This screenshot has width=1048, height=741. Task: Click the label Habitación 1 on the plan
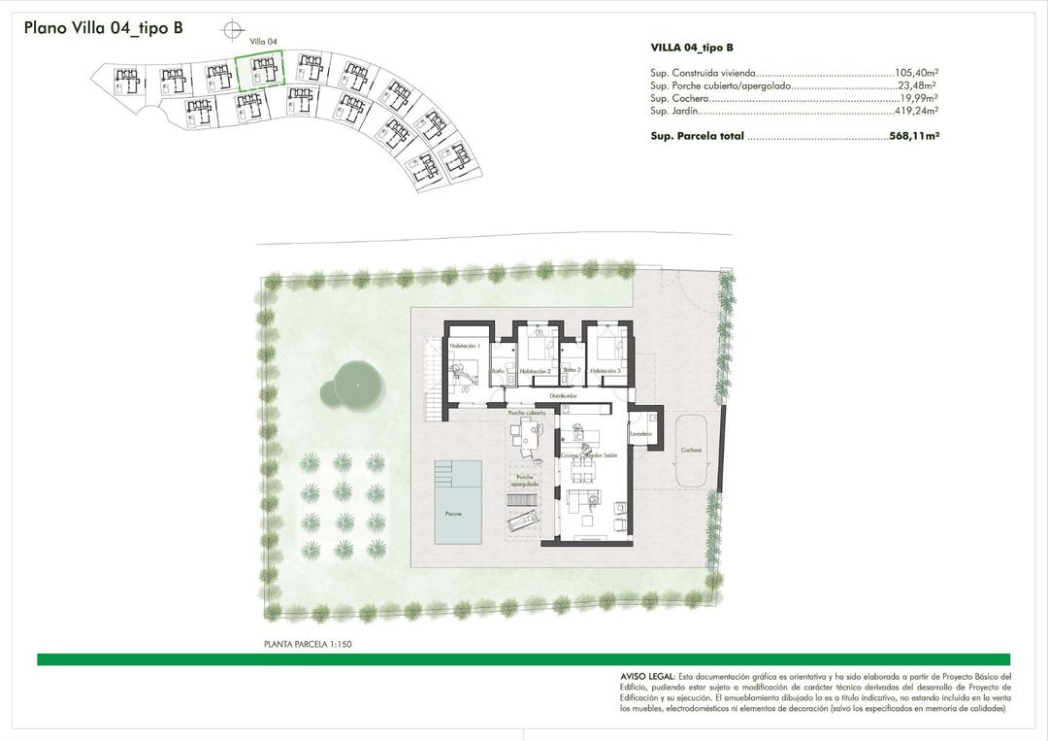(x=466, y=346)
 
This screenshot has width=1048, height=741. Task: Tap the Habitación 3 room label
(x=605, y=371)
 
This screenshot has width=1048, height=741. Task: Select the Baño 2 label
(x=572, y=370)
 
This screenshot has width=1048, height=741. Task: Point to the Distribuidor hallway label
(x=564, y=396)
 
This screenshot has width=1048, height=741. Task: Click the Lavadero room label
(x=639, y=433)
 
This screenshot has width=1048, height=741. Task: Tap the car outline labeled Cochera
(x=691, y=452)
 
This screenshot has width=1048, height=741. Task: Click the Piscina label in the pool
(x=454, y=513)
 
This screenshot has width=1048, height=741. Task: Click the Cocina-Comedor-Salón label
(x=589, y=455)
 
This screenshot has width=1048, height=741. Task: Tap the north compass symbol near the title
(x=232, y=31)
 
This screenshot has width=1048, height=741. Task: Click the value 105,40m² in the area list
(x=916, y=73)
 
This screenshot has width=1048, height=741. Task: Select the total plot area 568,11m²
(x=914, y=137)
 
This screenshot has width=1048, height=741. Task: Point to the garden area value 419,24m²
(x=916, y=113)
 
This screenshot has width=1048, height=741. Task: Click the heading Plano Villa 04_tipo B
(x=104, y=28)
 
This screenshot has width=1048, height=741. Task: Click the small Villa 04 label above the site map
(x=263, y=42)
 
